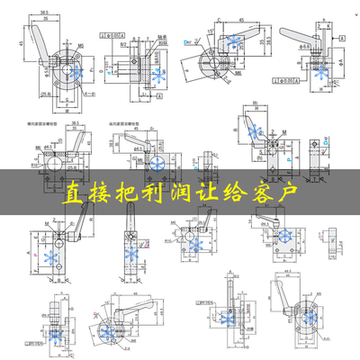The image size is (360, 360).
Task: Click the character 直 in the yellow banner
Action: click(74, 193)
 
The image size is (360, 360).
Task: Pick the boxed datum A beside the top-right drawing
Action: click(343, 38)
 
